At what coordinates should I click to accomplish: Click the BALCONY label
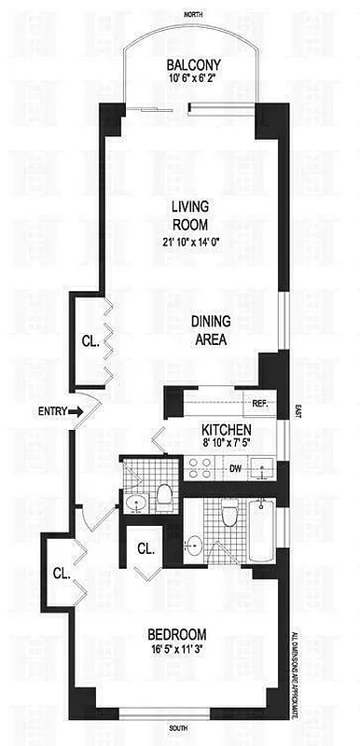[194, 64]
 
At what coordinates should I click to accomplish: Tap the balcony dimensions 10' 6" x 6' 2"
[194, 79]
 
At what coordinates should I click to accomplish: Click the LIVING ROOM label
[189, 216]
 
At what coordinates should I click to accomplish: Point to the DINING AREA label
[211, 330]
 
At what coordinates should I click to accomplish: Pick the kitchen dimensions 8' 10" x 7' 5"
[225, 445]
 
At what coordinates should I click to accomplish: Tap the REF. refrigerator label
[261, 403]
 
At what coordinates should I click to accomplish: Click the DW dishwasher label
[236, 468]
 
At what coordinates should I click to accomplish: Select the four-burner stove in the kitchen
[200, 467]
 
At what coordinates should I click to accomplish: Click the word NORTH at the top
[193, 14]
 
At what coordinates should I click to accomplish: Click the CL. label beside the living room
[90, 340]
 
